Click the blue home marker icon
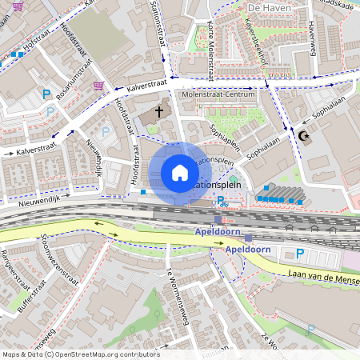(180, 173)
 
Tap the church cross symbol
(159, 111)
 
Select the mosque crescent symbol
(303, 136)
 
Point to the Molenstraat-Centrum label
(219, 94)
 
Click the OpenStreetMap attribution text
(80, 354)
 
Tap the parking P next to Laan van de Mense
(300, 254)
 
